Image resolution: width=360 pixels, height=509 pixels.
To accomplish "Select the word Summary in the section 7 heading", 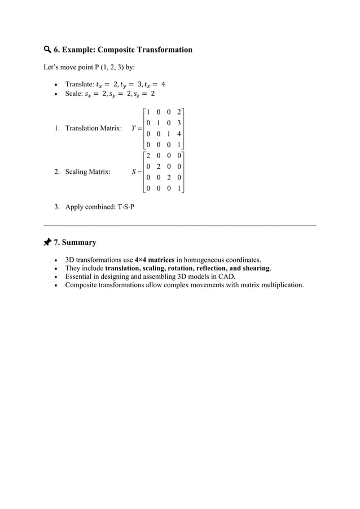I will pyautogui.click(x=79, y=243).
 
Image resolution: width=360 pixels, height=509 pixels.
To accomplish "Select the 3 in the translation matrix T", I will pyautogui.click(x=179, y=122).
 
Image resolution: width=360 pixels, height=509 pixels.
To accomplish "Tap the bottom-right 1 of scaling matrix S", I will pyautogui.click(x=179, y=188).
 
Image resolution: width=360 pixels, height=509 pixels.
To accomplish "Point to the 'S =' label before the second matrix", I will pyautogui.click(x=135, y=172).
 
